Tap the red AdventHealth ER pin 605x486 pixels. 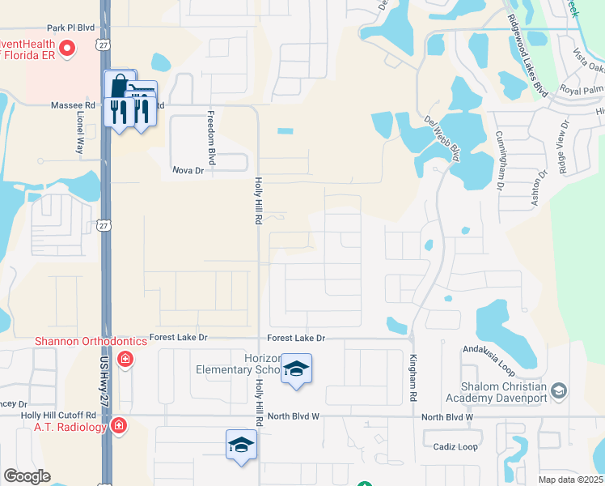68,49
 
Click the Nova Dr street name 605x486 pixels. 188,170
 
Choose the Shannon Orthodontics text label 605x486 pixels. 91,341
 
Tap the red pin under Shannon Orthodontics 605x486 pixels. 125,359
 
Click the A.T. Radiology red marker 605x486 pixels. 118,425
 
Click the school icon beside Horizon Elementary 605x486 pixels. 296,369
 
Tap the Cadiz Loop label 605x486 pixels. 456,447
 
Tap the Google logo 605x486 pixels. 27,476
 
